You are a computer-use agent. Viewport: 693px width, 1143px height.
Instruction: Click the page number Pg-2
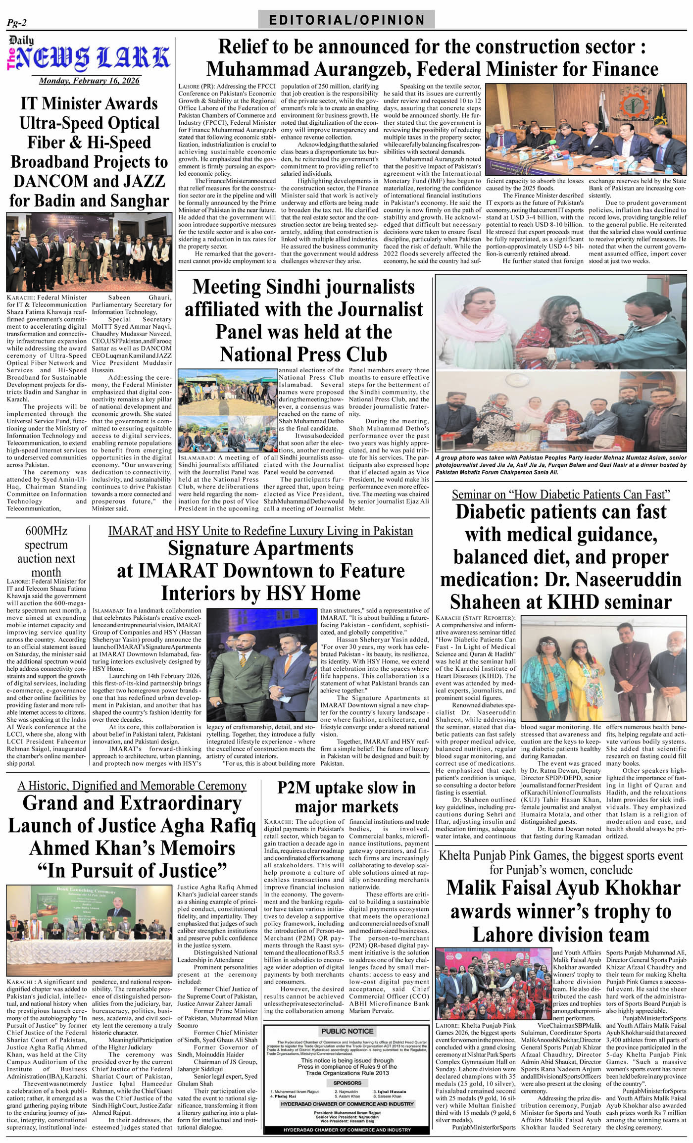coord(17,22)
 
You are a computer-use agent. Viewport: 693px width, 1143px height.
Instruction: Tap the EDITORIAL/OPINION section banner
coord(346,20)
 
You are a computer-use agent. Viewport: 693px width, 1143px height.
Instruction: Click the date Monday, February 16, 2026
coord(89,81)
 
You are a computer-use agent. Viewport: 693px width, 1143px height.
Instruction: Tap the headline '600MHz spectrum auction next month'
coord(46,551)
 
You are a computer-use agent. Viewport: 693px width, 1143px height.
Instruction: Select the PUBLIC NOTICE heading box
coord(347,1031)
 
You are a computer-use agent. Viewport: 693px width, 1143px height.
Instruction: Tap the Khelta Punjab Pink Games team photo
coord(493,983)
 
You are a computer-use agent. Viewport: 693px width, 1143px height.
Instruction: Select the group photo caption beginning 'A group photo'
coord(561,465)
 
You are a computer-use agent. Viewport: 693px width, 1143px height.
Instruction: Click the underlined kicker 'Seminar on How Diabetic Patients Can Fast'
coord(561,495)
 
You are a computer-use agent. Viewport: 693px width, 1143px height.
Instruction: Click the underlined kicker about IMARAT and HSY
coord(260,531)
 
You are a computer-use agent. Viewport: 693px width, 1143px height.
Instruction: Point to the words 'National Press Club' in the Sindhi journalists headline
coord(303,354)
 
